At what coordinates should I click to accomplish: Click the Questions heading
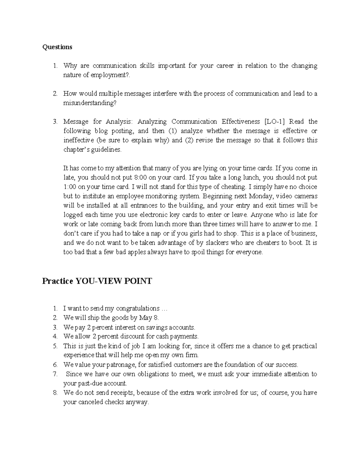pos(57,47)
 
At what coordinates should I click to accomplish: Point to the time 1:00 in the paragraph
pos(70,187)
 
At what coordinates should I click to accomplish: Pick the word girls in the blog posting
pos(199,233)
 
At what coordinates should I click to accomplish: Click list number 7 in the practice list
pos(55,374)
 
